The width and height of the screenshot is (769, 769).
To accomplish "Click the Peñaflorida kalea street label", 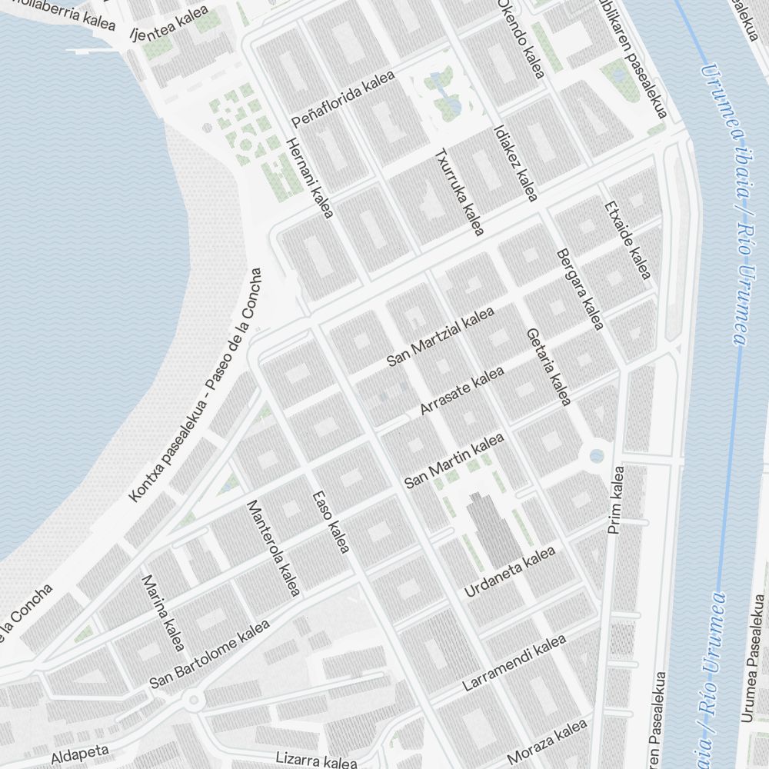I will (x=343, y=100).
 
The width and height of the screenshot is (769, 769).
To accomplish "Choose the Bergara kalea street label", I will (x=578, y=289).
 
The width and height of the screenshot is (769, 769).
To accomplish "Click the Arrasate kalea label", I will (x=462, y=391).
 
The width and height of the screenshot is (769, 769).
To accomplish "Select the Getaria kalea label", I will (x=548, y=367).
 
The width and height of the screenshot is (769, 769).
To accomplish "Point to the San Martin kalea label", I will (x=454, y=461).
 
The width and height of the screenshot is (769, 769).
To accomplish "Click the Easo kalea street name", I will (x=331, y=521).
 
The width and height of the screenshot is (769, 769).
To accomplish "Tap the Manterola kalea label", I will (x=272, y=548).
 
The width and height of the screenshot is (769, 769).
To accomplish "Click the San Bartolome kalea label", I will (x=209, y=654).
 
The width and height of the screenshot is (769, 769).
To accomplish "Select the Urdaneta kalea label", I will (x=510, y=572).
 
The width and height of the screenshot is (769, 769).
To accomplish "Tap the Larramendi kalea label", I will (x=514, y=663).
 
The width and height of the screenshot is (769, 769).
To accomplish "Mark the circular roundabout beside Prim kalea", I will (x=597, y=456).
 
